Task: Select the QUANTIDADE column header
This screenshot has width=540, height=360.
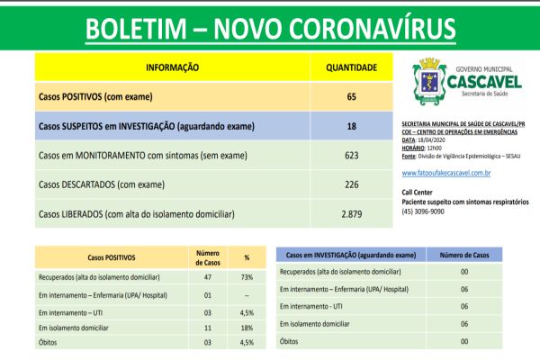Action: coord(351,67)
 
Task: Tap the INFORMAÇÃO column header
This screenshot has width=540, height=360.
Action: coord(171,67)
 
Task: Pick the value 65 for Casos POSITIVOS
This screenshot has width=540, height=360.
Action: coord(351,95)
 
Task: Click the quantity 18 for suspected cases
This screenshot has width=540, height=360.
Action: coord(351,125)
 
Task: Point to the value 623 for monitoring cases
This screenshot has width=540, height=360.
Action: coord(351,155)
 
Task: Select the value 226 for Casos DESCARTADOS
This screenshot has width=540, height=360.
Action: coord(351,184)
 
